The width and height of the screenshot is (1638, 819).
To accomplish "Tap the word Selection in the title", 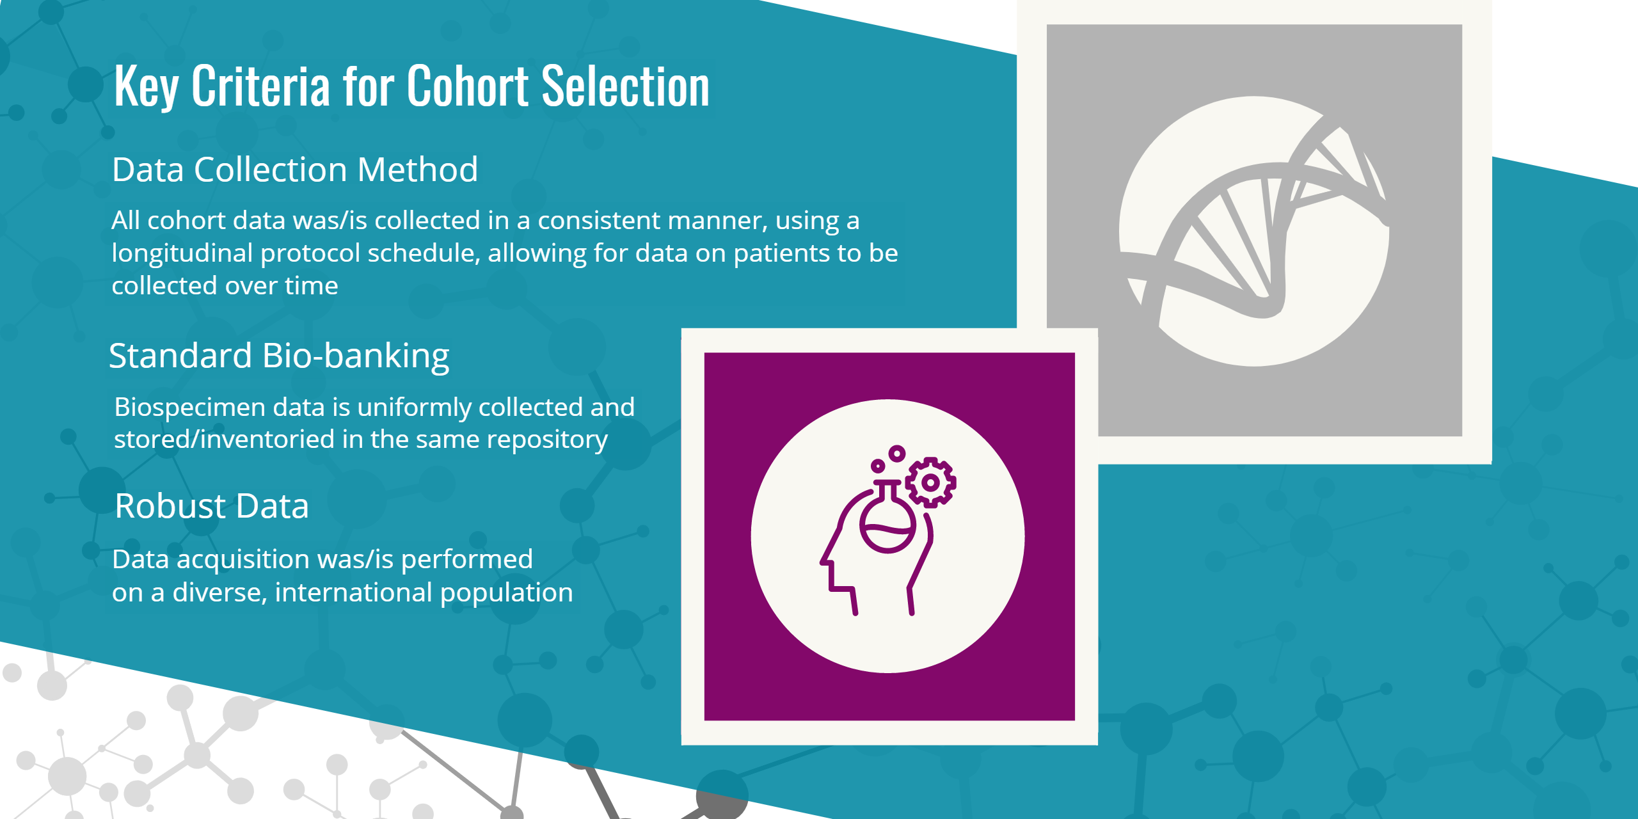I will point(625,86).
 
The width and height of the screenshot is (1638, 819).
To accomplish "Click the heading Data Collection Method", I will point(295,170).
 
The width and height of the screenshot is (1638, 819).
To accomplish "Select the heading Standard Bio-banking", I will point(279,356).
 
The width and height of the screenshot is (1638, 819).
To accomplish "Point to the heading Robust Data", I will point(212,506).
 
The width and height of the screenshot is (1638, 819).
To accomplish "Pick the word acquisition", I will point(243,559).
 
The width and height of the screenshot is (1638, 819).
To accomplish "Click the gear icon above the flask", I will point(931,482).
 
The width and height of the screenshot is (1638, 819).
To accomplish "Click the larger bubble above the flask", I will point(897,454).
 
